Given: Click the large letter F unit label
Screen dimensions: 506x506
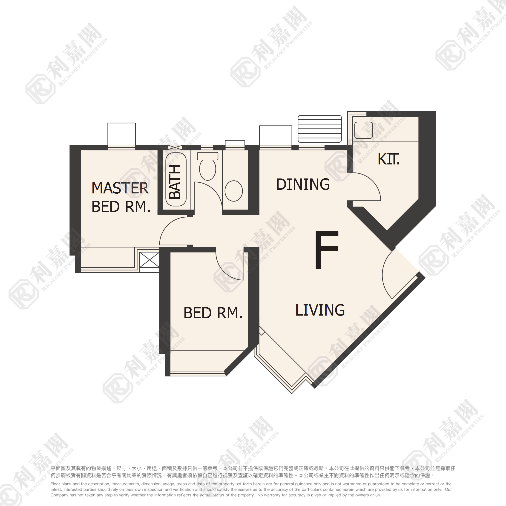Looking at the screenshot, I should (326, 250).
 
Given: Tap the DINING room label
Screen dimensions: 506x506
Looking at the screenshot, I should (303, 184).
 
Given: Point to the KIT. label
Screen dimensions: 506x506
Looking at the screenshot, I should (388, 159).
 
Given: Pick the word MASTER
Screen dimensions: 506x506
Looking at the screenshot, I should (120, 188).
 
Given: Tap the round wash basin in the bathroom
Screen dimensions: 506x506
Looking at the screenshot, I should (234, 191).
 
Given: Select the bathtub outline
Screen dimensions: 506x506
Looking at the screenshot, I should (176, 179).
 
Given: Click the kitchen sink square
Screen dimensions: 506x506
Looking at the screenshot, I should (364, 130).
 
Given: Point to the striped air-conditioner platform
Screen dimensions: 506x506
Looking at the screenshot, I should (319, 129).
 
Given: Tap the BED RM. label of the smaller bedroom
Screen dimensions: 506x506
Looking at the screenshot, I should (213, 313).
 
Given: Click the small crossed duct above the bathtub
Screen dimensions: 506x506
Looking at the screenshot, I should (175, 147).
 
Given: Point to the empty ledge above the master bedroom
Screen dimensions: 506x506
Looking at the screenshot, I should (121, 134).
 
